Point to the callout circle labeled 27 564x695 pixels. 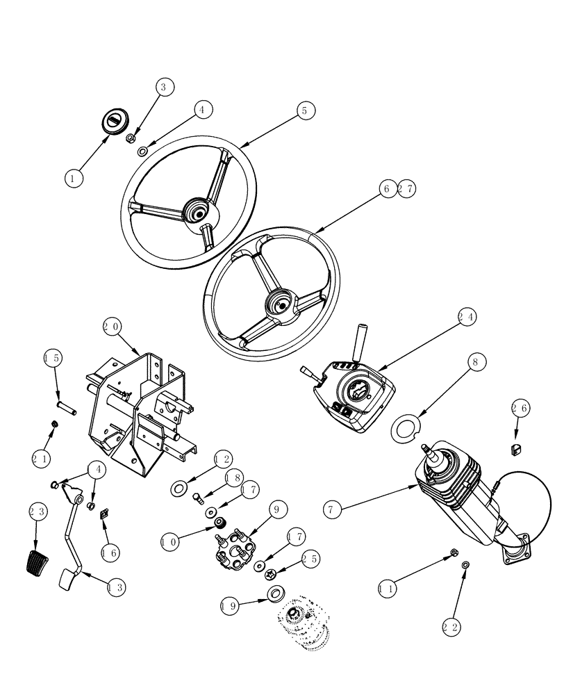(x=406, y=188)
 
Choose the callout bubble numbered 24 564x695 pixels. (x=467, y=316)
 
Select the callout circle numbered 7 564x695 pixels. (x=334, y=509)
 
